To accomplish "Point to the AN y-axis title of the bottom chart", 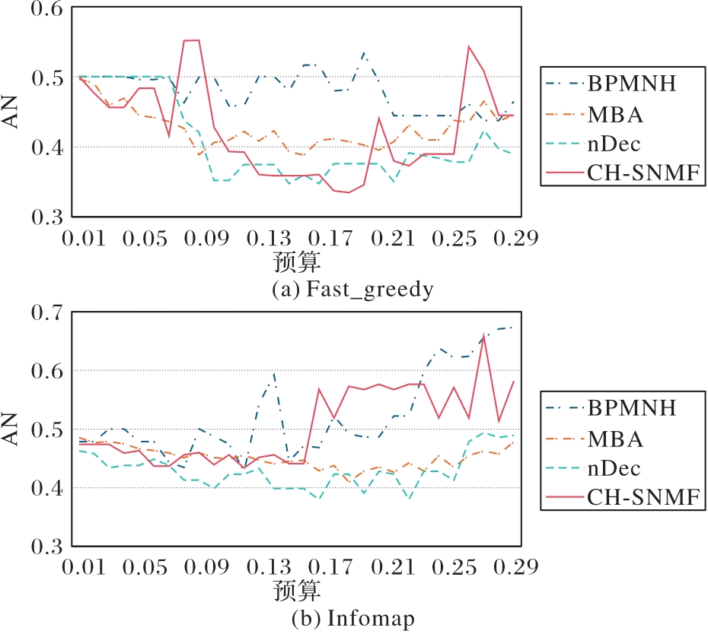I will [x=13, y=430].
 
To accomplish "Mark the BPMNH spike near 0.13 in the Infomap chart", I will [x=273, y=373].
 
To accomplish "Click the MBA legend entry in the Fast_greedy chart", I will [x=614, y=114].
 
